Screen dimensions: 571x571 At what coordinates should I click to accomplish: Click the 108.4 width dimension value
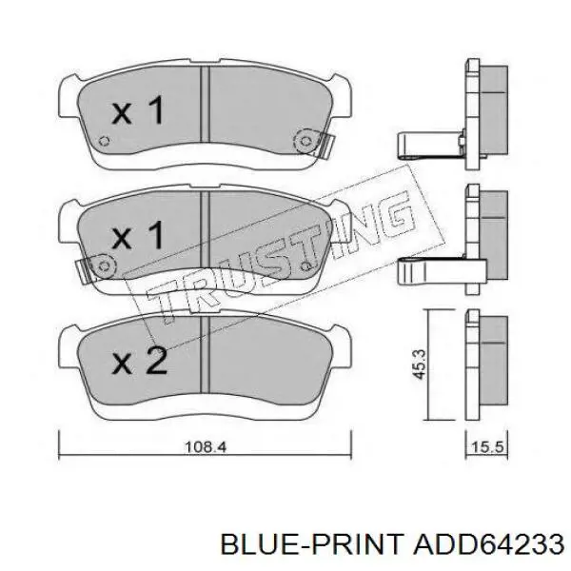point(206,447)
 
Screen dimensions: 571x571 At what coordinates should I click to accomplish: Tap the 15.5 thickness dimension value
point(487,447)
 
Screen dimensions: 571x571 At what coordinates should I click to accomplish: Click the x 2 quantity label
point(140,360)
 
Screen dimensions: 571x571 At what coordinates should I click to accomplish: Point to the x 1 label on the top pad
point(138,110)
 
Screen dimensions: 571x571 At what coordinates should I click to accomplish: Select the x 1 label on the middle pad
point(138,235)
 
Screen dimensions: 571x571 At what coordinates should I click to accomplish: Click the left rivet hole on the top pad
point(104,141)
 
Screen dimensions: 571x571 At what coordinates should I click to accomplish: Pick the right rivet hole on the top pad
point(305,141)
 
